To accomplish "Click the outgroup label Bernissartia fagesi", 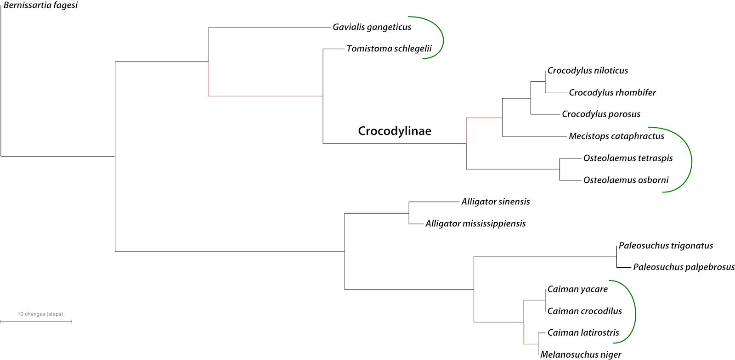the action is point(40,6).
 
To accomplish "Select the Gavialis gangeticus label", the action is point(372,27).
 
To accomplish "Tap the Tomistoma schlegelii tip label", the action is point(389,49).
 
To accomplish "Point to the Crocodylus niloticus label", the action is point(588,71).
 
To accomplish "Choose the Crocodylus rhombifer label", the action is point(612,93).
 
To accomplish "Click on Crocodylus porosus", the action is point(601,114).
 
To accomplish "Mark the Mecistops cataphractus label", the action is point(616,136).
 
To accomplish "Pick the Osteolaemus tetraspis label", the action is point(628,158).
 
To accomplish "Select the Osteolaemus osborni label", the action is point(626,180).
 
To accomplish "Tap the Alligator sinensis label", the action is point(495,202).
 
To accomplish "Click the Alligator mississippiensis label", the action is point(475,224).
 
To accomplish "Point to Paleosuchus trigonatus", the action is point(666,246).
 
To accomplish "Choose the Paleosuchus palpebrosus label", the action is point(684,267).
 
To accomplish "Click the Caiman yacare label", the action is point(577,289).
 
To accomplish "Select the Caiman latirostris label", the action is point(583,333).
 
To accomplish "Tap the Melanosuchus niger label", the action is point(581,354).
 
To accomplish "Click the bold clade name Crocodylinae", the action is point(395,131).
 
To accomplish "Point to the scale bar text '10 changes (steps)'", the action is point(40,314).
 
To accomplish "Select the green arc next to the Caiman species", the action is point(635,312).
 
